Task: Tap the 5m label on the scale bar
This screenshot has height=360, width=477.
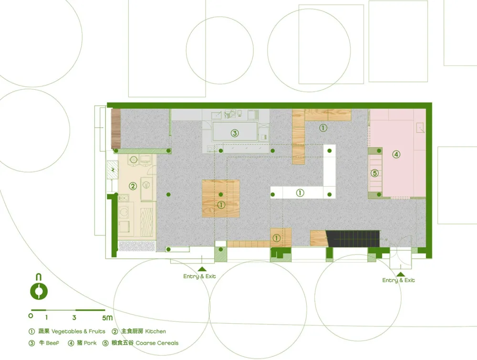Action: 107,318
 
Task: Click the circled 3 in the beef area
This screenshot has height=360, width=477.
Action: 235,133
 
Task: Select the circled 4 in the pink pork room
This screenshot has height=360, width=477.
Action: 396,154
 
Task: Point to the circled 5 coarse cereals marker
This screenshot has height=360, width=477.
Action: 375,173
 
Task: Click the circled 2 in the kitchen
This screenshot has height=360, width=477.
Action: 133,186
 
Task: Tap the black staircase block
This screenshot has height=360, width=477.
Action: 353,238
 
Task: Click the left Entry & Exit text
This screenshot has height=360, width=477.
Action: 199,276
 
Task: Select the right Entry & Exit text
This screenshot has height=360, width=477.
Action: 398,280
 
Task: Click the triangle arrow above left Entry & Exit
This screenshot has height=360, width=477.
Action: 202,269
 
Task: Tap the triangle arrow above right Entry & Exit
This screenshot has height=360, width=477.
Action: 401,274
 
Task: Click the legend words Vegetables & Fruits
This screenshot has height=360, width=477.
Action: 78,331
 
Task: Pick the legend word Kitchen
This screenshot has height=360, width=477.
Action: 156,331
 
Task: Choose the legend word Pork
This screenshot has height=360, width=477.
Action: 90,343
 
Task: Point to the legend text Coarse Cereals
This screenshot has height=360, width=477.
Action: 157,343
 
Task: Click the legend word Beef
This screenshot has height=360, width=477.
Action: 52,343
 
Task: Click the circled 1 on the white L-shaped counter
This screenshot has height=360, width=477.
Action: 300,193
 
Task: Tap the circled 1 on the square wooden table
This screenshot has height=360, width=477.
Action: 221,205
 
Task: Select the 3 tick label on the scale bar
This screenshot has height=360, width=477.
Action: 74,318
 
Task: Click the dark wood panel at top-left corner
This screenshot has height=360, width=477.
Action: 116,129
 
